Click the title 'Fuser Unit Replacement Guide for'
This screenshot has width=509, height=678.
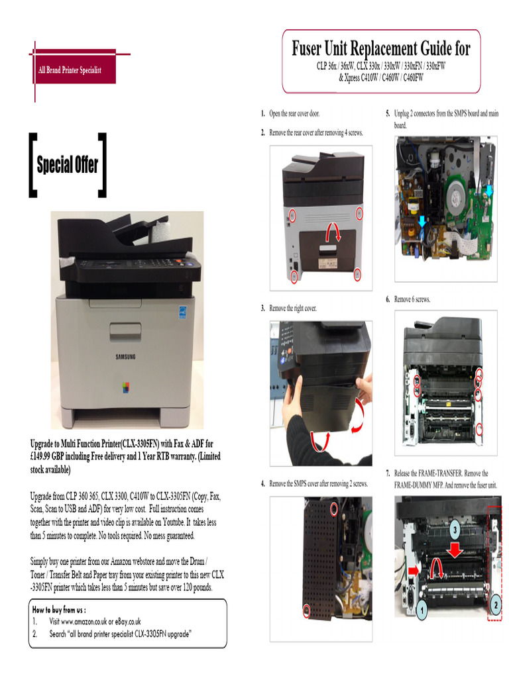click(x=381, y=48)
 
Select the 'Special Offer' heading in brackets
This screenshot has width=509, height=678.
click(x=68, y=165)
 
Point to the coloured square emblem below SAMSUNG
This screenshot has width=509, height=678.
click(x=126, y=387)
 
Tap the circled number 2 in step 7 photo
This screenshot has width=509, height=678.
click(x=495, y=604)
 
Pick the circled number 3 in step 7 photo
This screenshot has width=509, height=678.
click(x=455, y=529)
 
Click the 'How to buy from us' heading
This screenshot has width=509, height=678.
click(x=59, y=609)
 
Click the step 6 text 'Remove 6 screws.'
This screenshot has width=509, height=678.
click(x=412, y=299)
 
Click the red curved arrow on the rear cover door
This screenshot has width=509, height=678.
click(x=336, y=232)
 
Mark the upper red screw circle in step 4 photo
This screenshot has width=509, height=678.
click(x=334, y=508)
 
